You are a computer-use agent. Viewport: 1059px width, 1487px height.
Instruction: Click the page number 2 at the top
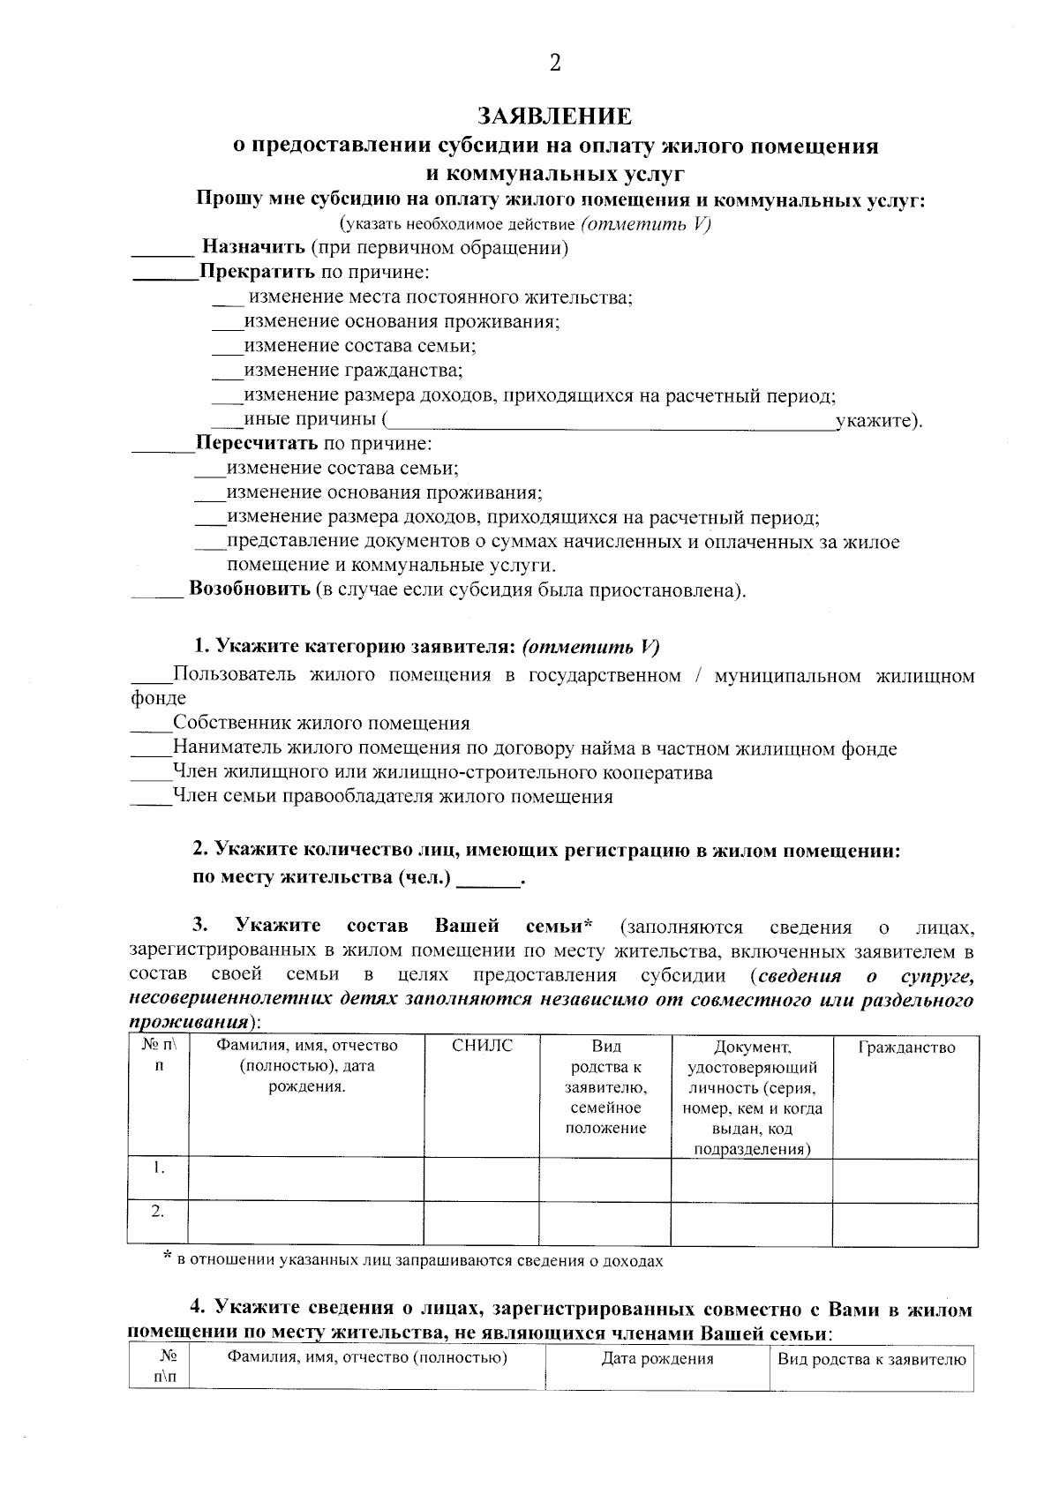(x=554, y=63)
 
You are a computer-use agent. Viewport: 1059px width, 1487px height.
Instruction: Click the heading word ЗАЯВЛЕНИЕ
(x=554, y=116)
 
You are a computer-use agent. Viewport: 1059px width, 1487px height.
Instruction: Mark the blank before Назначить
(x=162, y=252)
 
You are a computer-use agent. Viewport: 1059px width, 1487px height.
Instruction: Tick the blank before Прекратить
(x=164, y=276)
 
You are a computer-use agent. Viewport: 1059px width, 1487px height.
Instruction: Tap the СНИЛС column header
(x=482, y=1047)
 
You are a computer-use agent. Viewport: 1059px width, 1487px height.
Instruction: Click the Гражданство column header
(x=906, y=1048)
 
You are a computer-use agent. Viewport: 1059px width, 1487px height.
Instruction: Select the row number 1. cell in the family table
(x=158, y=1168)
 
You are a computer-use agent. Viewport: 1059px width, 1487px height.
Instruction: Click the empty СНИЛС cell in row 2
(x=482, y=1223)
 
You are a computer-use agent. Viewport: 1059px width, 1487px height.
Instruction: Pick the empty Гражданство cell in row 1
(x=905, y=1179)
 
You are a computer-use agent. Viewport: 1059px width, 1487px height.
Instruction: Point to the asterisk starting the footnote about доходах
(x=167, y=1258)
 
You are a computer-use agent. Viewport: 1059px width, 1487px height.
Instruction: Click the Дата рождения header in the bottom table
(x=657, y=1359)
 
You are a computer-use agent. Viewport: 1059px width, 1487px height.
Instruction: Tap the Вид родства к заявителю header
(x=872, y=1359)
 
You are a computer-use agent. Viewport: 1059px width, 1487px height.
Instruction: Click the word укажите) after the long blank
(x=879, y=421)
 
